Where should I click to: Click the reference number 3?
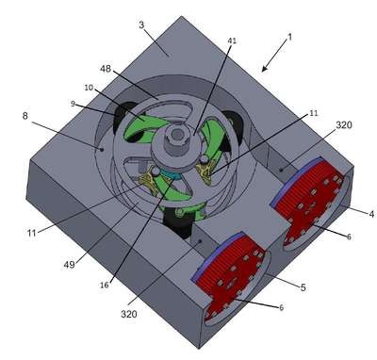tap(141, 25)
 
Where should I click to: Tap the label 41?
tap(233, 41)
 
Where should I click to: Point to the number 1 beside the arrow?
tap(289, 37)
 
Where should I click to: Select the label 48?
tap(106, 69)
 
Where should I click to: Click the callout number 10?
tap(89, 88)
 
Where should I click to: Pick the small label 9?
tap(73, 104)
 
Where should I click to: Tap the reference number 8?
tap(25, 116)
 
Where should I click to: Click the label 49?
tap(70, 265)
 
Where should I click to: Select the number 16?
tap(105, 285)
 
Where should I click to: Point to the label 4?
tap(371, 214)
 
